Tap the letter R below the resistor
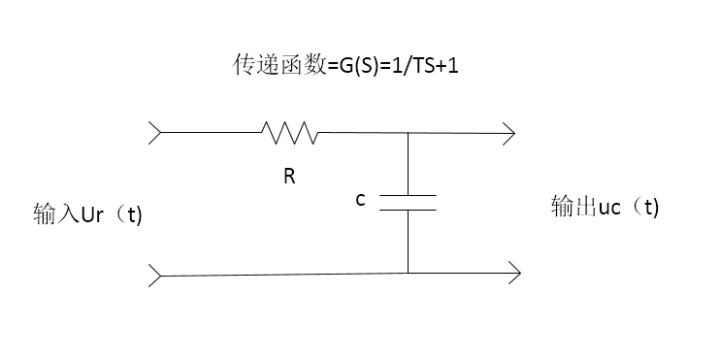289,176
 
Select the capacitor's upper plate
408,195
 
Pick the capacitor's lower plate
408,209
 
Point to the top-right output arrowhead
509,132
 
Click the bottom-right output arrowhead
512,271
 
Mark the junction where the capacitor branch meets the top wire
408,132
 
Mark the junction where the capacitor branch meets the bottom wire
408,271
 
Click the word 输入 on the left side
52,216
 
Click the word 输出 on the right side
572,207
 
